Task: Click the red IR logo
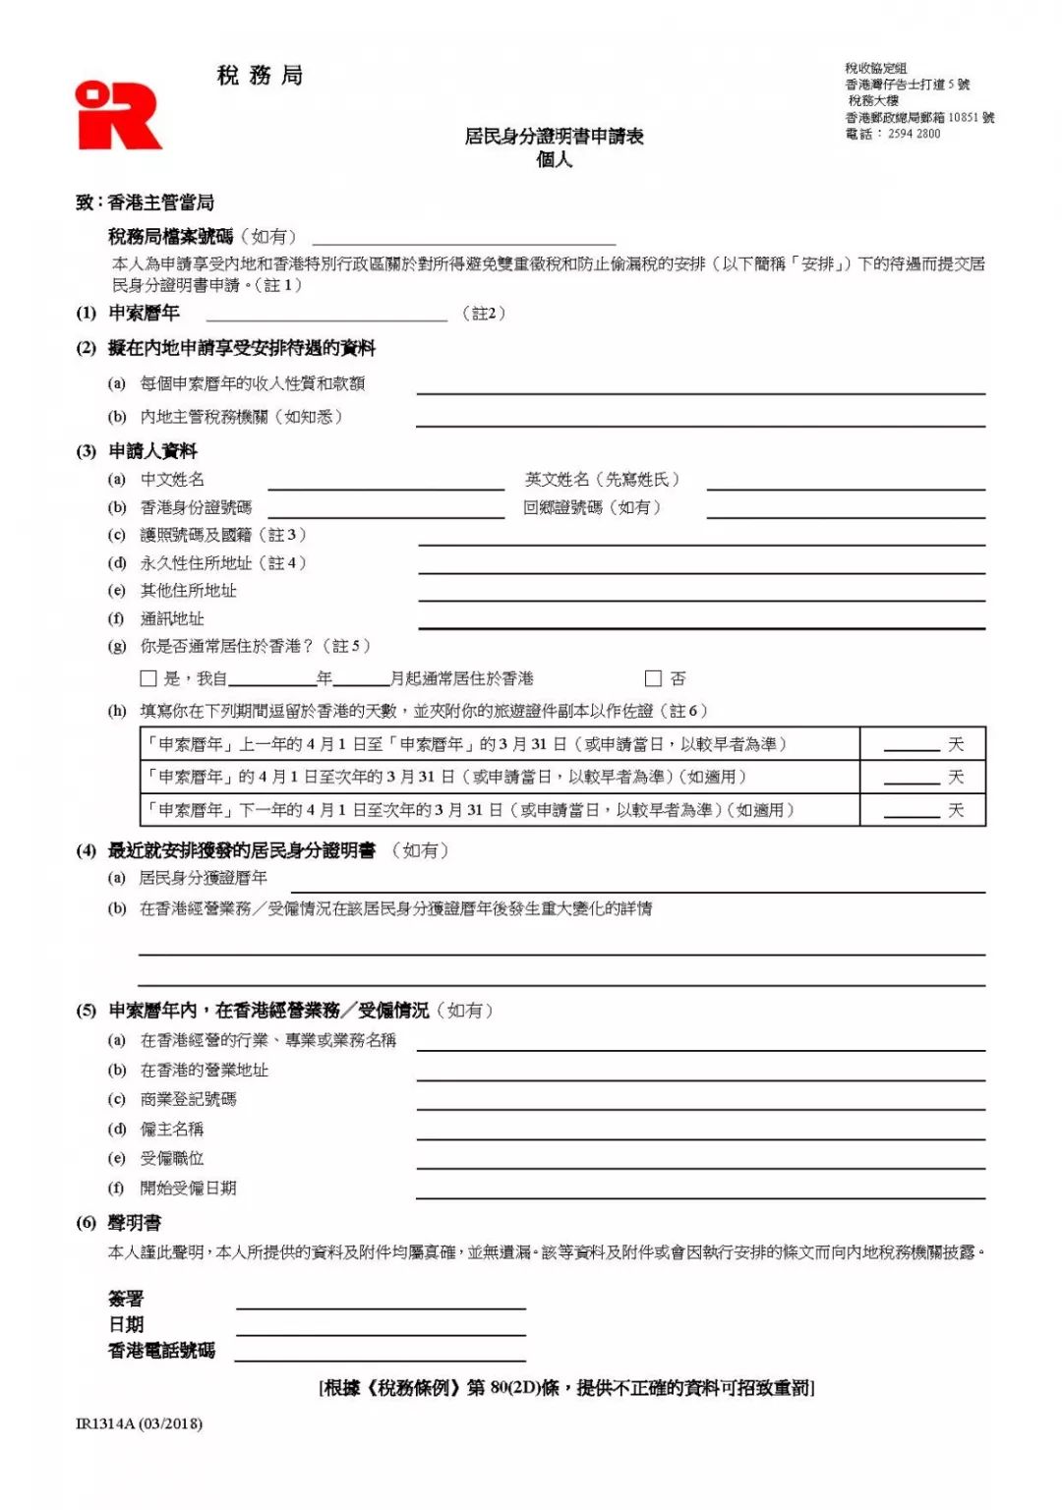(x=117, y=116)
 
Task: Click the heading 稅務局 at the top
(x=260, y=76)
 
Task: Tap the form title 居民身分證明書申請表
(x=554, y=137)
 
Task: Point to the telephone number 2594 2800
(x=914, y=134)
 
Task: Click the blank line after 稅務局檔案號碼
(x=464, y=239)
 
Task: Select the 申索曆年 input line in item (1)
(x=326, y=316)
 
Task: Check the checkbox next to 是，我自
(x=148, y=678)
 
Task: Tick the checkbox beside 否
(x=653, y=678)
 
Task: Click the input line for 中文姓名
(x=385, y=483)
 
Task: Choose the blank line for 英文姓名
(x=846, y=483)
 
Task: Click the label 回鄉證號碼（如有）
(x=592, y=507)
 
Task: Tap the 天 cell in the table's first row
(x=922, y=744)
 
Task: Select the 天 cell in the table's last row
(x=922, y=810)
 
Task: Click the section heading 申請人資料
(x=152, y=451)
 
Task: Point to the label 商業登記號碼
(x=188, y=1099)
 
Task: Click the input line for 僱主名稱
(x=700, y=1133)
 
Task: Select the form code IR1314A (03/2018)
(x=139, y=1423)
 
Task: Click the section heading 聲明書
(x=135, y=1223)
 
